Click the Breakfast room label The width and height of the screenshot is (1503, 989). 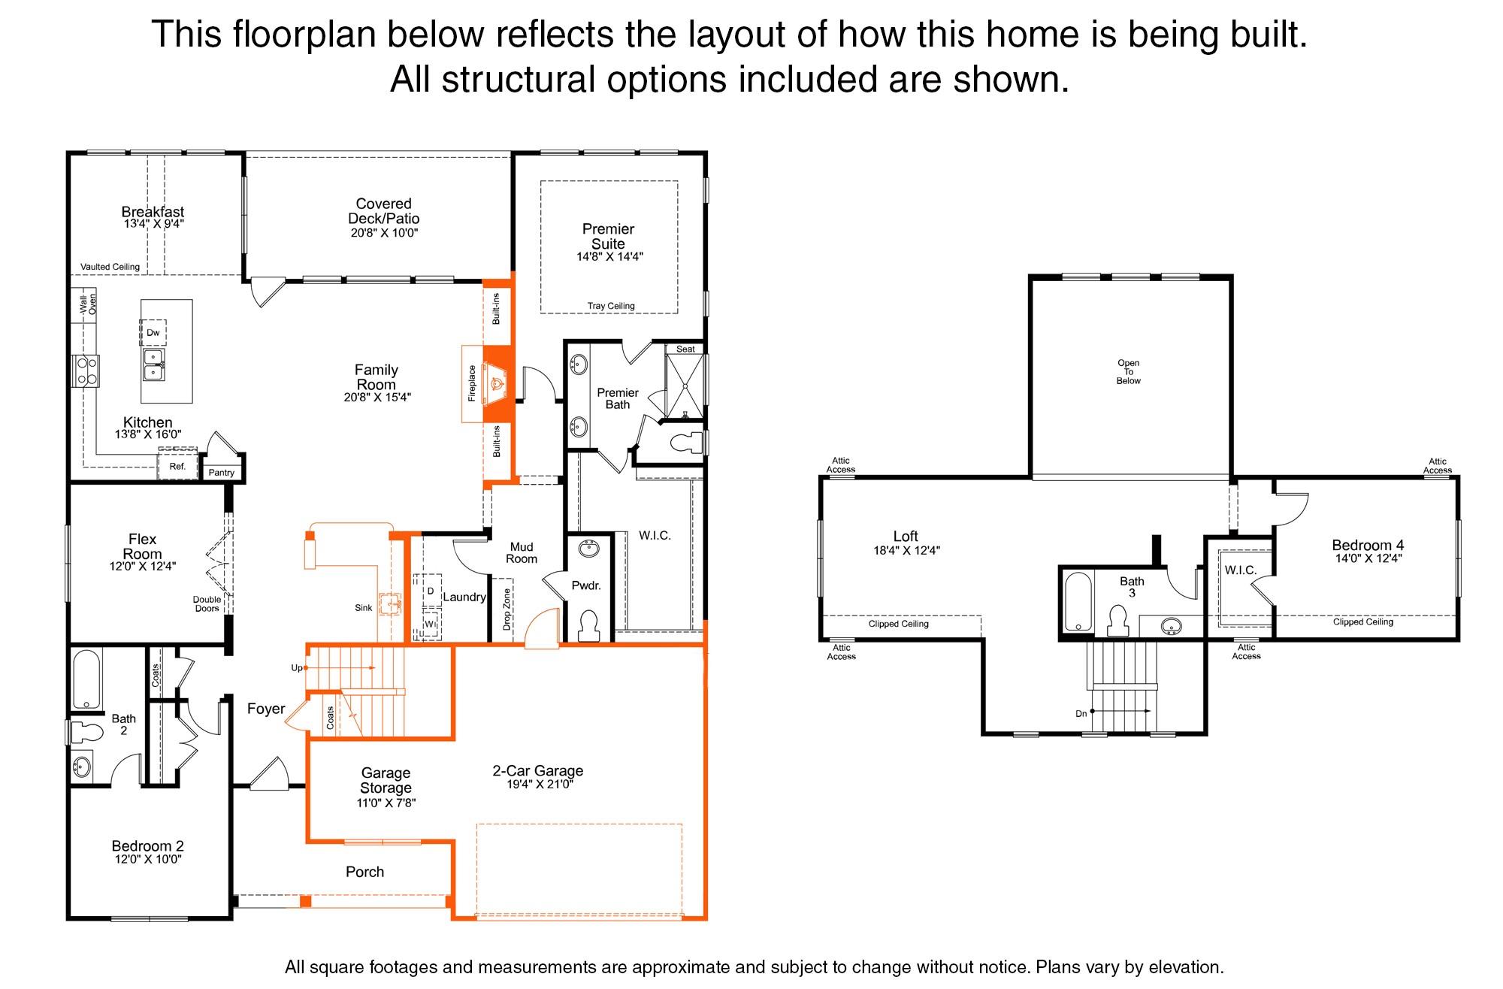click(x=153, y=212)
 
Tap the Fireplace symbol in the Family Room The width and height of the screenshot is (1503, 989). click(x=496, y=383)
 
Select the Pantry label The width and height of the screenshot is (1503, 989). click(x=222, y=473)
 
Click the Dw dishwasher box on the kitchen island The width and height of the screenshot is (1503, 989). click(x=153, y=332)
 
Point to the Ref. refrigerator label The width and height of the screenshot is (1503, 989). click(x=177, y=467)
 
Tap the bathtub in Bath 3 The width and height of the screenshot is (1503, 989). click(x=1078, y=602)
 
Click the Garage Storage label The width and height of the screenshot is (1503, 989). click(x=386, y=780)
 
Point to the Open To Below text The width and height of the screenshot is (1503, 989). click(x=1128, y=372)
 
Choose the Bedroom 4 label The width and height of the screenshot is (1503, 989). click(x=1368, y=546)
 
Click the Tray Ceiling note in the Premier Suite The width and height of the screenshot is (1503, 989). click(x=611, y=306)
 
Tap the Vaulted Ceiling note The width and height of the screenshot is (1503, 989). click(x=110, y=267)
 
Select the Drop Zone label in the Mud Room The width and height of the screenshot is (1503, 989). click(x=507, y=609)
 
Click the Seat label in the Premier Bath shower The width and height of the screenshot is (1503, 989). click(x=685, y=349)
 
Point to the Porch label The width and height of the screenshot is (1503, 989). click(x=364, y=872)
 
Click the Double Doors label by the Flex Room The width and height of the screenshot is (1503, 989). click(x=207, y=604)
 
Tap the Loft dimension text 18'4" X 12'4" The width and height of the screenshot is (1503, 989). click(x=906, y=550)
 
